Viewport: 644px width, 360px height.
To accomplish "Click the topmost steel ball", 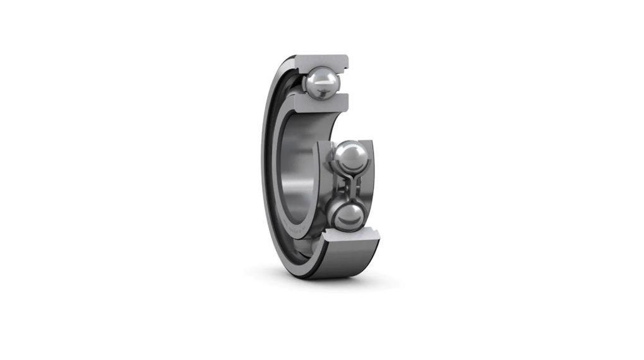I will coord(320,81).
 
